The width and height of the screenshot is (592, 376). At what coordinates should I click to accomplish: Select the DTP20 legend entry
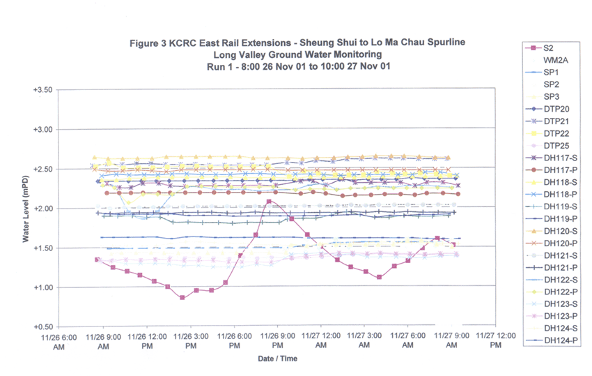coord(554,109)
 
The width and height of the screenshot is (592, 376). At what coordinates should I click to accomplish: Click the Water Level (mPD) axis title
coord(26,209)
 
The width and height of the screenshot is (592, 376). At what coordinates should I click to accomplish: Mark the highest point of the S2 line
coord(269,202)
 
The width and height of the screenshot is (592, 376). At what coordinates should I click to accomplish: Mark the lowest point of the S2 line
coord(182,298)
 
